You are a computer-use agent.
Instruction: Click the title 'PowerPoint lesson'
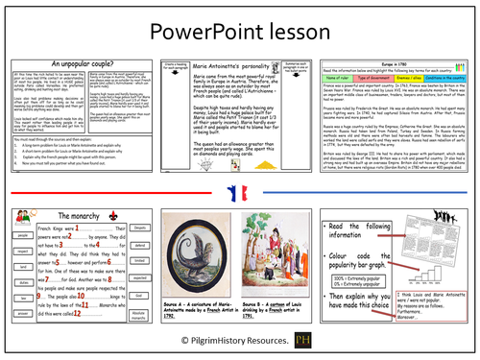click(239, 30)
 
